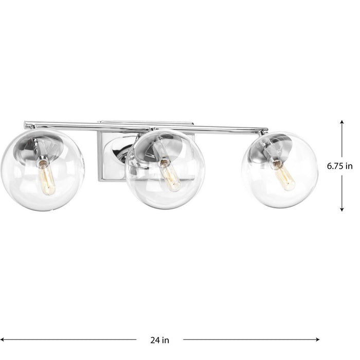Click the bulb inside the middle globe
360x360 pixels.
(x=169, y=175)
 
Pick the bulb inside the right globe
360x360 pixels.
(x=278, y=169)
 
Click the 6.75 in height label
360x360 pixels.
(x=341, y=166)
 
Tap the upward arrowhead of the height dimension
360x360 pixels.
(x=341, y=122)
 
